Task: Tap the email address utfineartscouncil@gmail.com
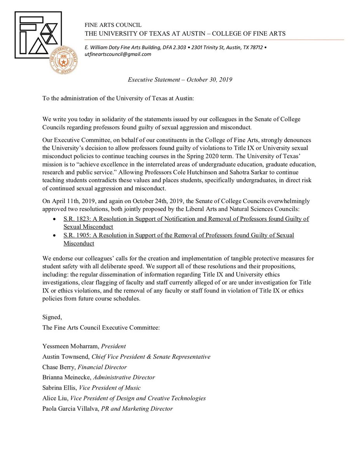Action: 118,54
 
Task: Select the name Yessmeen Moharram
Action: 70,346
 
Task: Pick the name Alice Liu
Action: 53,398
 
